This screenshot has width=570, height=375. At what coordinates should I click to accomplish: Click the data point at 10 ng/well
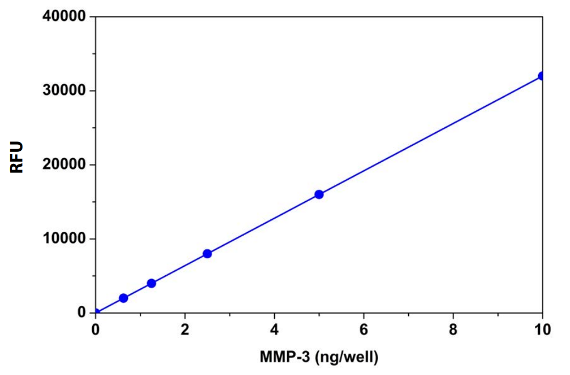[541, 76]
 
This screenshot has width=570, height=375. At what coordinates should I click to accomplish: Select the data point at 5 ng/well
[319, 194]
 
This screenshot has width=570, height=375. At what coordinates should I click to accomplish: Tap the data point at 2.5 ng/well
[207, 253]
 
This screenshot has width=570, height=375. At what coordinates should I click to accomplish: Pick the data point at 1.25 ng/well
[151, 283]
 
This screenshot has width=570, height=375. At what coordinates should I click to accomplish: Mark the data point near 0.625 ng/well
[123, 298]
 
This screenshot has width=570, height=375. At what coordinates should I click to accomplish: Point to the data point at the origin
[96, 312]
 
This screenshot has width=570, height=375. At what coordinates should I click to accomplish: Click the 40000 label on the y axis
[65, 16]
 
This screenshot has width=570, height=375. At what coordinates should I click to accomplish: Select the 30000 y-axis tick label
[65, 90]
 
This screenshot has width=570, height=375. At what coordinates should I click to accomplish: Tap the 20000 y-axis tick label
[65, 164]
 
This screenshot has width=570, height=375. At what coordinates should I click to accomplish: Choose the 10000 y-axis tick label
[65, 238]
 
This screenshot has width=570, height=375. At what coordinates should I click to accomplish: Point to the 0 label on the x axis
[95, 329]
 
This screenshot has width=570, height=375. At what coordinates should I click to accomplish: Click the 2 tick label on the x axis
[185, 329]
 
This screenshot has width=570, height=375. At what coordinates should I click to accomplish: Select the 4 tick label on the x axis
[274, 329]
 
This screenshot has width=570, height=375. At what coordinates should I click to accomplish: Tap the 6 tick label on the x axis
[364, 329]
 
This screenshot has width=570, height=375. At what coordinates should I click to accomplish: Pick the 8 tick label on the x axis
[453, 329]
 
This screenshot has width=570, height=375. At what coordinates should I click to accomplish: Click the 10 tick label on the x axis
[542, 329]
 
